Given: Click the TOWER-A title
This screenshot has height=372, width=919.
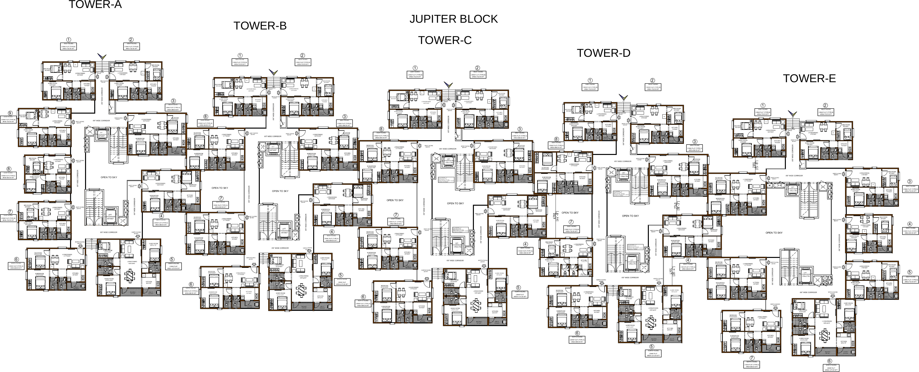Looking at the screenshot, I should click(95, 5).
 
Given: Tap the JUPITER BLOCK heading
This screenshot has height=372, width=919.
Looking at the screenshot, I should click(453, 19).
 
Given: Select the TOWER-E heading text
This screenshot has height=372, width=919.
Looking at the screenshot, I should click(809, 79).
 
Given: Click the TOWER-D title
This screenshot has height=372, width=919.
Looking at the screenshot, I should click(604, 53).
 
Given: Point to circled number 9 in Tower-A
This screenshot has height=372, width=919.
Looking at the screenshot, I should click(10, 113).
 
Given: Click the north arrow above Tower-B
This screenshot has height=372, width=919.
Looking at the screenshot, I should click(273, 72).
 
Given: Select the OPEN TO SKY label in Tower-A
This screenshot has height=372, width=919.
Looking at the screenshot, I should click(109, 177).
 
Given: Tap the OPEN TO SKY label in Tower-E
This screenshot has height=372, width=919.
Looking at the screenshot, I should click(774, 233).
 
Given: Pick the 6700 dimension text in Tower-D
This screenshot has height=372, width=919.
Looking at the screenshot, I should click(554, 217).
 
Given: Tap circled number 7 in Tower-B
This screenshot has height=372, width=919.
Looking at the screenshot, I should click(221, 198).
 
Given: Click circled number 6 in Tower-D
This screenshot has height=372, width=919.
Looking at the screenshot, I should click(577, 333).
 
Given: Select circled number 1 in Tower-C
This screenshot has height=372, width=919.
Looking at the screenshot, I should click(415, 68).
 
